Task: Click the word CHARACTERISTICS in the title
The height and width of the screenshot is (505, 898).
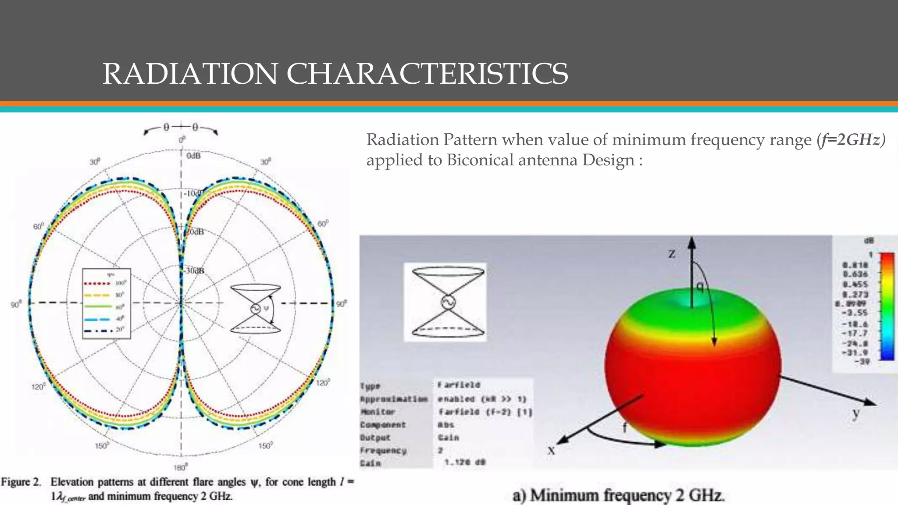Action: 427,74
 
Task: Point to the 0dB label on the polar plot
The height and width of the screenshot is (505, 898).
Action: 193,156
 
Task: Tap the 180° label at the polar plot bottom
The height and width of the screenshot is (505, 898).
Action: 180,467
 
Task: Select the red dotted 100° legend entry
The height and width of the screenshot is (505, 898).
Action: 106,283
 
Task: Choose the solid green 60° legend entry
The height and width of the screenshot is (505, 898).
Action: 106,306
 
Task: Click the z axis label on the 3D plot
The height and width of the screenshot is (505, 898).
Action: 672,253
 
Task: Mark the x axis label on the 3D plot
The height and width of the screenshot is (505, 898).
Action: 552,450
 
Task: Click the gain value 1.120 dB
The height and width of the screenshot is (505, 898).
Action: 464,462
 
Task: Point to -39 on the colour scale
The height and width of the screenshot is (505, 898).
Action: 862,362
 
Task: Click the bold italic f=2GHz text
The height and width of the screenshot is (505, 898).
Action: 851,139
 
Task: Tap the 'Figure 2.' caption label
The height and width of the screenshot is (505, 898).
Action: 21,482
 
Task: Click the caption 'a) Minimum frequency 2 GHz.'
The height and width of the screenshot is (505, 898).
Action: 618,495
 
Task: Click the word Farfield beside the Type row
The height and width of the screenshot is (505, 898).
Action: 459,385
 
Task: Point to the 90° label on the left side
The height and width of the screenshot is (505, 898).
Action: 16,304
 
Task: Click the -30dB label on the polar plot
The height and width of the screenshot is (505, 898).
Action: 195,271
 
